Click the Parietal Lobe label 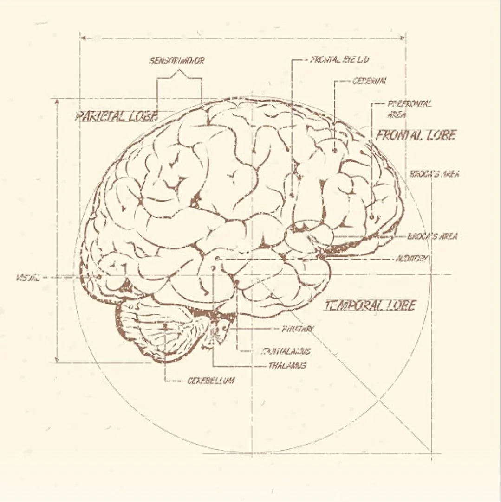116,116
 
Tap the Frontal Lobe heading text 416,135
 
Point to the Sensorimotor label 176,61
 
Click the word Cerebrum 369,81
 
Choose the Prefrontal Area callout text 410,108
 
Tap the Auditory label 411,258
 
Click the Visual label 27,278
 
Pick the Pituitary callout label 298,329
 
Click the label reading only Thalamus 287,366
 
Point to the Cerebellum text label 211,381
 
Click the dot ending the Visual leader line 99,277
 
